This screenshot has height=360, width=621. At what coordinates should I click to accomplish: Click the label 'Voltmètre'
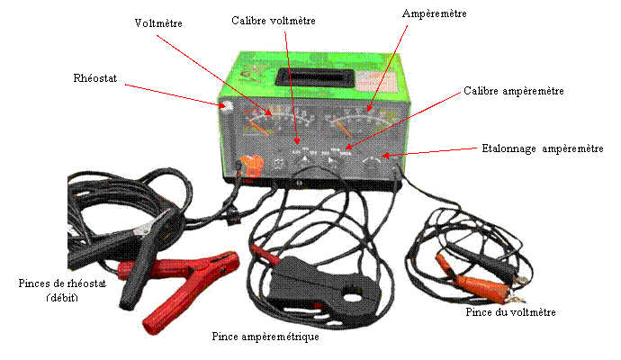[x=158, y=23]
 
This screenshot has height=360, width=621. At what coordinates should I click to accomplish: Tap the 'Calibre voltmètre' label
[x=274, y=21]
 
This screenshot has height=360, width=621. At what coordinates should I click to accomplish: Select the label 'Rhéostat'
[x=95, y=78]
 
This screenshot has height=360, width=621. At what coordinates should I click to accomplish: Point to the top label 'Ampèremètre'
[x=434, y=13]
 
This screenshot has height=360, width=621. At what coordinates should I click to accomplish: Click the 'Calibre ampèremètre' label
[x=514, y=91]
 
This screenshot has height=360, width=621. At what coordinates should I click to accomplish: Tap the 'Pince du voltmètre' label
[x=510, y=312]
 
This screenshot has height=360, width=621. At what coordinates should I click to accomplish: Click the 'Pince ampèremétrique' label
[x=265, y=337]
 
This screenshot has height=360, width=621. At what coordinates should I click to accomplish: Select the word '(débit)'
[x=62, y=297]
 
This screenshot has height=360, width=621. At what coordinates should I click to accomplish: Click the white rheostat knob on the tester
[x=228, y=106]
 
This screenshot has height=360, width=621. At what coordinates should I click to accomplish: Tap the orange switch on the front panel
[x=252, y=166]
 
